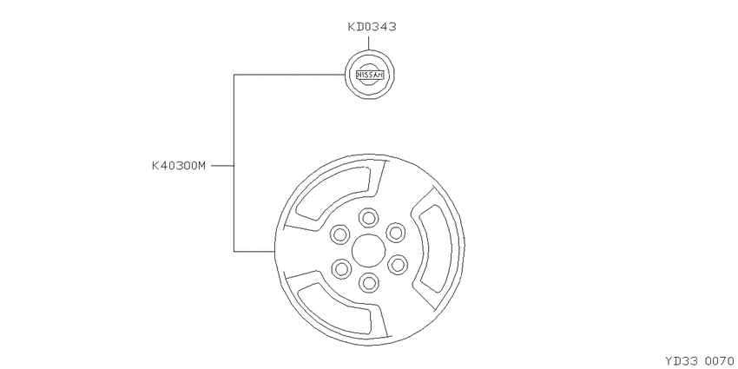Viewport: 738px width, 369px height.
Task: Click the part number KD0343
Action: tap(372, 27)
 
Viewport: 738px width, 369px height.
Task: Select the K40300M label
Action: tap(179, 166)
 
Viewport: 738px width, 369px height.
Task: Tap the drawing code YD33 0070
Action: tap(700, 361)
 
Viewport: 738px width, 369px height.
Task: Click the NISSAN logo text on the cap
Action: tap(370, 75)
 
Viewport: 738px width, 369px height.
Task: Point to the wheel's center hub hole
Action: tap(368, 250)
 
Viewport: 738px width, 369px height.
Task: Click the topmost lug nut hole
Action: tap(368, 218)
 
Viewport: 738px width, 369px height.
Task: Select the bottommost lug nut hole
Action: tap(368, 282)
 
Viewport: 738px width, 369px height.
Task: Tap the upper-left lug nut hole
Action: tap(340, 234)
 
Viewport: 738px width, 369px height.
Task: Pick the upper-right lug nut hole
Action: tap(396, 233)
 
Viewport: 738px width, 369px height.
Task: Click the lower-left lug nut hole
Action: tap(341, 269)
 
